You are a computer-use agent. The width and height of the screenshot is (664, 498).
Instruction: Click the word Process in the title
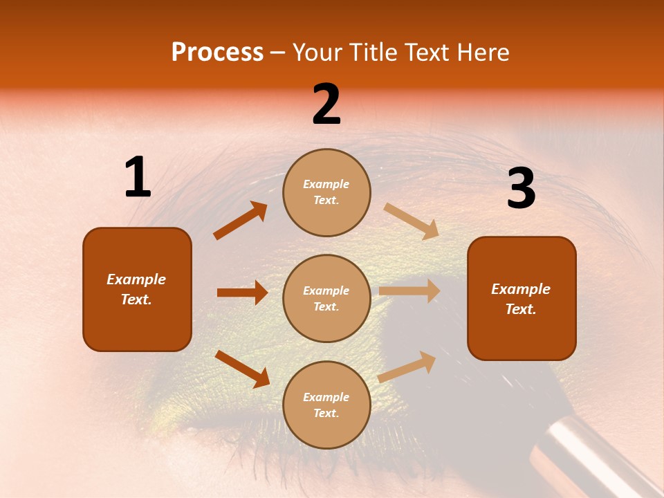tap(217, 53)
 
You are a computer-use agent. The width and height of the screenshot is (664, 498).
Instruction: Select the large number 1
tap(137, 178)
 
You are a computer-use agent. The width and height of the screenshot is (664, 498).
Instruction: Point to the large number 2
tap(326, 104)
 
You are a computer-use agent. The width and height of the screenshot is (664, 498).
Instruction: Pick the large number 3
tap(521, 189)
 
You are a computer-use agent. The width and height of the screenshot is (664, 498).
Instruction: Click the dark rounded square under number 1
tap(137, 289)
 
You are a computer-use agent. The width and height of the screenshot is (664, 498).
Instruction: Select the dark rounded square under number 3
tap(522, 298)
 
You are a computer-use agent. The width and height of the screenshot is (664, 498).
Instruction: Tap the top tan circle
tap(326, 192)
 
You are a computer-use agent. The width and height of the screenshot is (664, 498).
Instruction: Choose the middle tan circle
tap(326, 298)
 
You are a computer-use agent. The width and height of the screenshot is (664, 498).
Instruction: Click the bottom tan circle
tap(326, 405)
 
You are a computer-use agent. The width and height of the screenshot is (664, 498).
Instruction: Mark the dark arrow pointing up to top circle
tap(241, 221)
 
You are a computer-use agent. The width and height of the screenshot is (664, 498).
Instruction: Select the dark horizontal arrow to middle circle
tap(242, 293)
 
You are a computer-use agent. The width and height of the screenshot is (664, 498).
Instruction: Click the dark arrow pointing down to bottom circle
tap(242, 369)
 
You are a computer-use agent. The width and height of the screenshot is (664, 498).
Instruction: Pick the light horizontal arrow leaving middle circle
tap(409, 290)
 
